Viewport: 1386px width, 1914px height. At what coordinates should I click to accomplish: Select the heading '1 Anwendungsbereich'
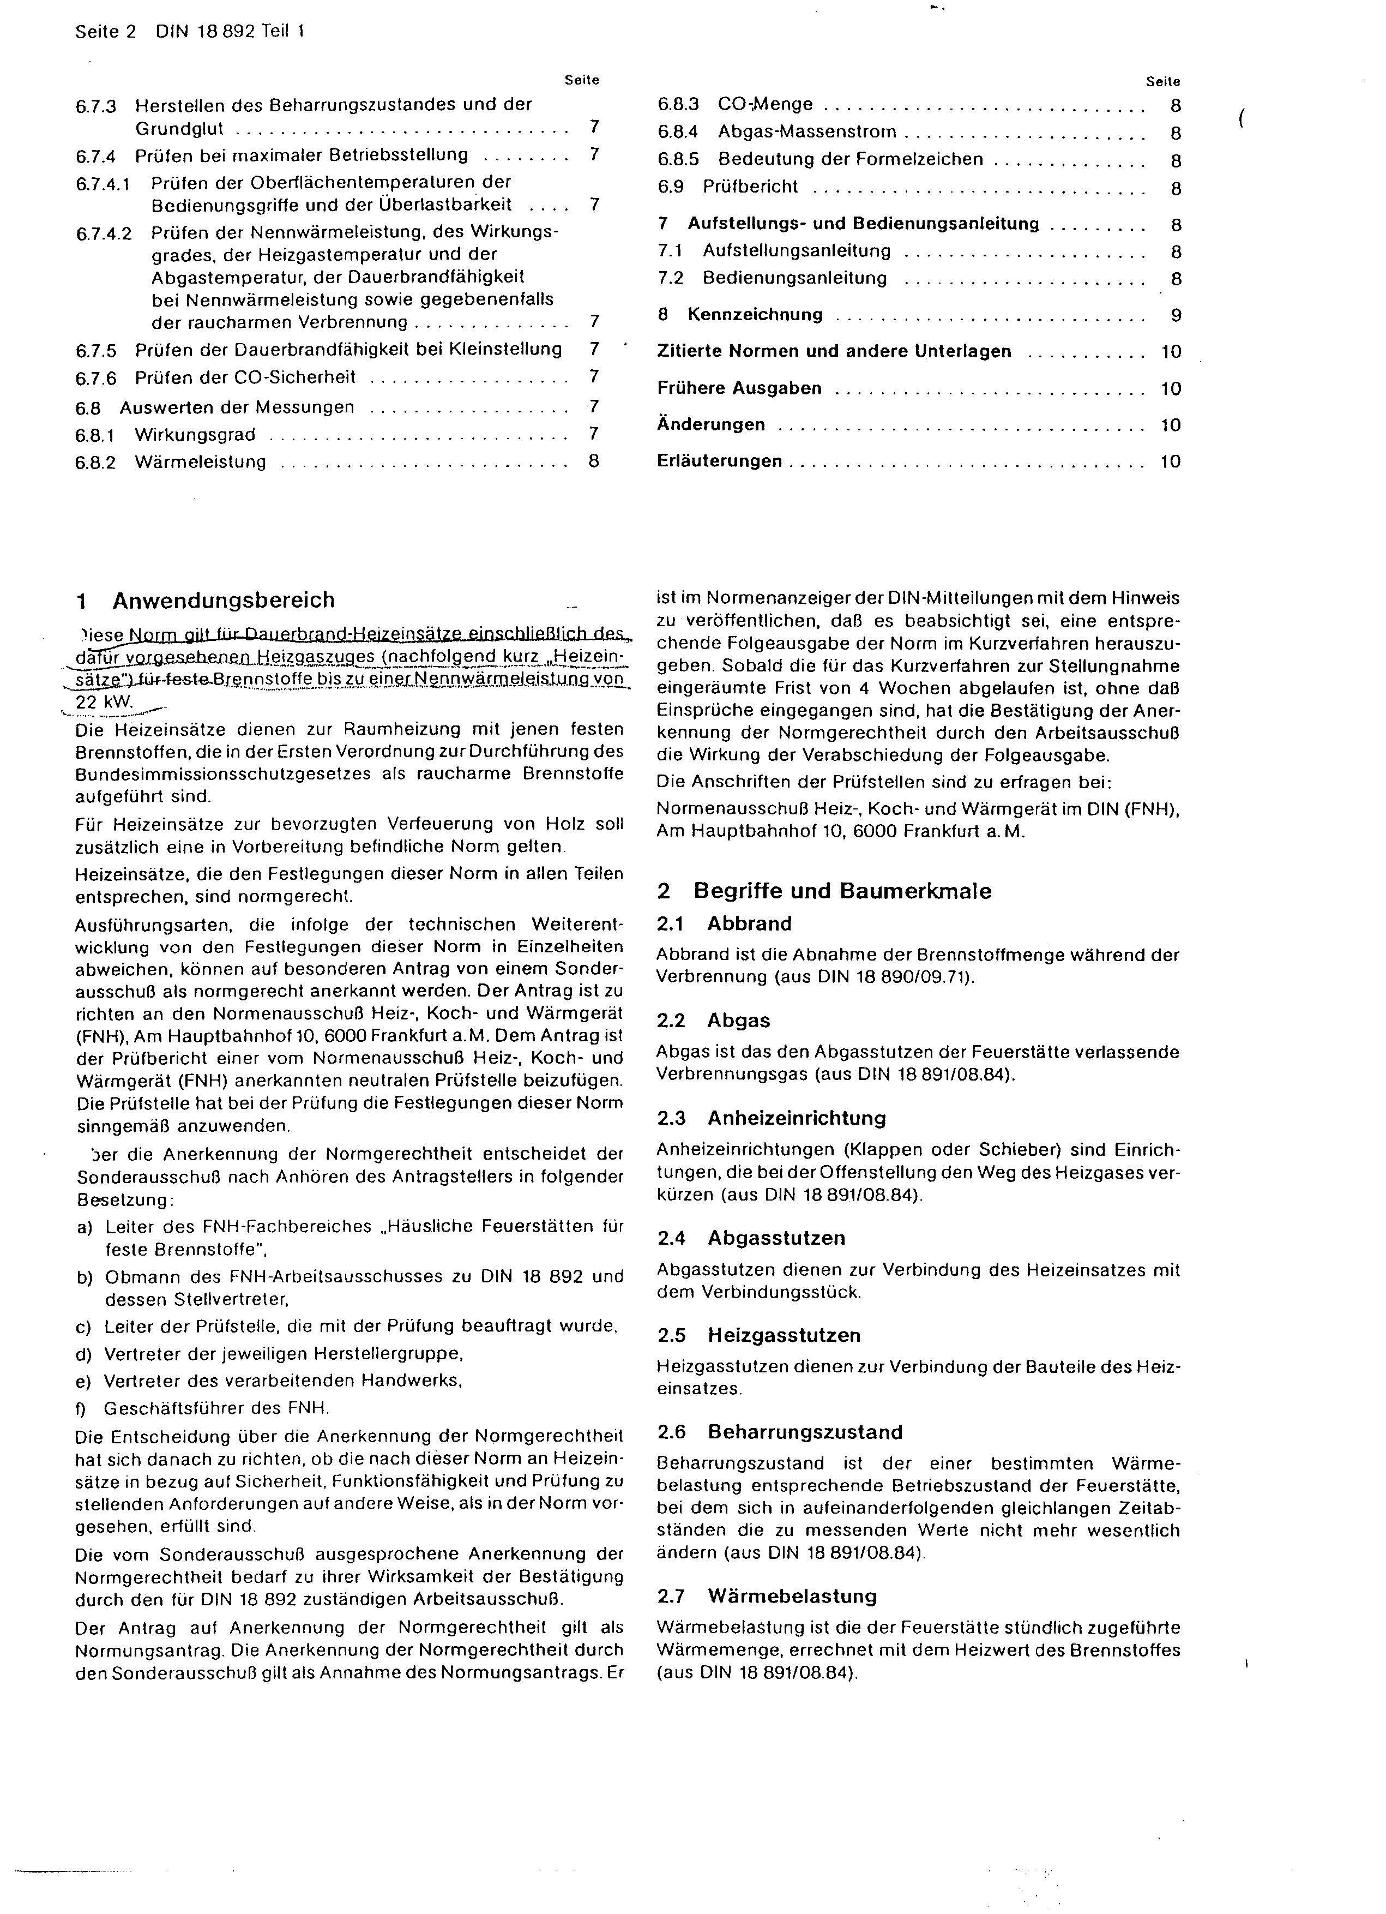tap(206, 600)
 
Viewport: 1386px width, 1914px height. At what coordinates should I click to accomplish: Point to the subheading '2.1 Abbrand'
tap(724, 923)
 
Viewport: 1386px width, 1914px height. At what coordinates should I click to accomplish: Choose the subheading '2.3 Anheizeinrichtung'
tap(771, 1118)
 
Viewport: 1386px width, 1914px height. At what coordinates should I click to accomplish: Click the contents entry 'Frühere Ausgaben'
tap(739, 388)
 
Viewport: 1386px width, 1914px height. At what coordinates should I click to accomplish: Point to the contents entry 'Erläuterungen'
tap(719, 461)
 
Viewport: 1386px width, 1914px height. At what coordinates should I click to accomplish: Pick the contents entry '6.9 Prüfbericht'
tap(727, 187)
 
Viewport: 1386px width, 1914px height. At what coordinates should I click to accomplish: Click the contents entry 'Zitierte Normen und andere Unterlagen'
tap(834, 351)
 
